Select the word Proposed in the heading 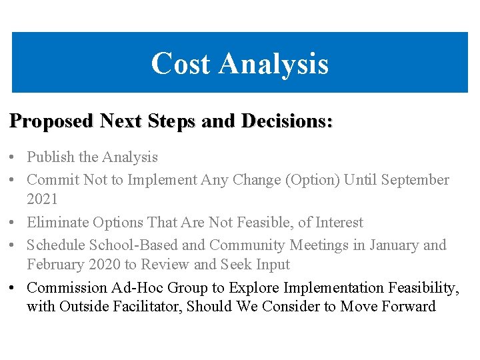(51, 121)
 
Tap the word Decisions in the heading (287, 121)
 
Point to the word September (415, 180)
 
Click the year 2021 (43, 199)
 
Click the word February (57, 264)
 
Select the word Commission (67, 288)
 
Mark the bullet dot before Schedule (13, 245)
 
